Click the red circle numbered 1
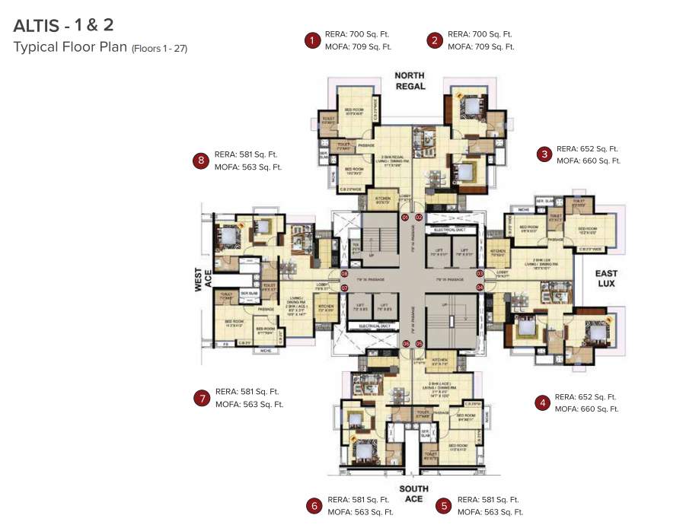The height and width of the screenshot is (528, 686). (311, 40)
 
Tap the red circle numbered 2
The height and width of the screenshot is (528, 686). (435, 40)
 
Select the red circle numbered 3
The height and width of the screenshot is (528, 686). (544, 154)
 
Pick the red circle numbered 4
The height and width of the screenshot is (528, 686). (542, 402)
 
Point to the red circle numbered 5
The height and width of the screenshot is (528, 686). (444, 506)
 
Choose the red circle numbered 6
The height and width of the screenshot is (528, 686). (314, 506)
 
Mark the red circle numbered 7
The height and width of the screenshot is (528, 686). (201, 398)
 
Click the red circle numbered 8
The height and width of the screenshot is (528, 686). (201, 161)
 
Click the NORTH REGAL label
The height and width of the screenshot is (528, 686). (410, 81)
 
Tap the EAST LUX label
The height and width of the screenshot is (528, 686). (607, 278)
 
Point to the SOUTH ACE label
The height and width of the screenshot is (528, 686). (413, 494)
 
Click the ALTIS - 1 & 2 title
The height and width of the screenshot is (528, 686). (64, 26)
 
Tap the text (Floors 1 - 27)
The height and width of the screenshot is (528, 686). (159, 49)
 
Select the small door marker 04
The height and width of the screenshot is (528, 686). (480, 288)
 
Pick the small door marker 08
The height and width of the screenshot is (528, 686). (344, 274)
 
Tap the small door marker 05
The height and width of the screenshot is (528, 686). (419, 344)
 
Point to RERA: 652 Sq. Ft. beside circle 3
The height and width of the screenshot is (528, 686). (587, 149)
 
